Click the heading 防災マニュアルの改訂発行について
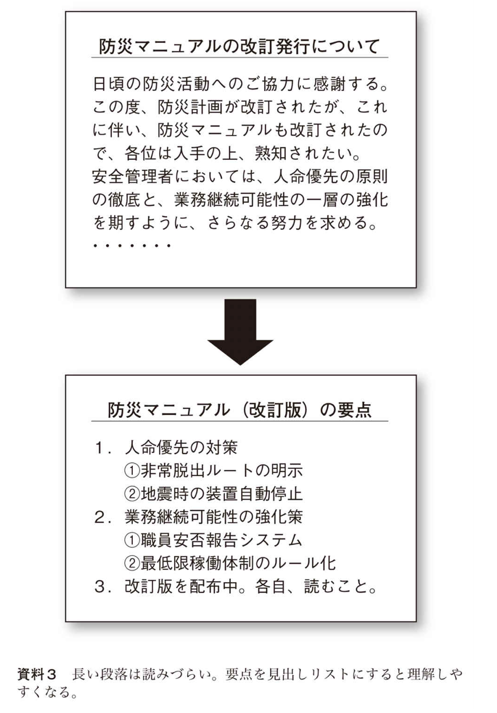(239, 47)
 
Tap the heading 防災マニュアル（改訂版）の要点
(240, 410)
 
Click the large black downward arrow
(240, 331)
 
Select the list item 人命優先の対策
(181, 448)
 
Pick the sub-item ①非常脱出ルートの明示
(213, 471)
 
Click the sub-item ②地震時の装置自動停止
(213, 494)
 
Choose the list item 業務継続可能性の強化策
(213, 517)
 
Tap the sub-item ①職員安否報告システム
(213, 540)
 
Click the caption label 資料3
(37, 674)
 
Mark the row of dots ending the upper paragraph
(132, 245)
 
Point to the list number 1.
(101, 448)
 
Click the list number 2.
(101, 517)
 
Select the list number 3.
(101, 586)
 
